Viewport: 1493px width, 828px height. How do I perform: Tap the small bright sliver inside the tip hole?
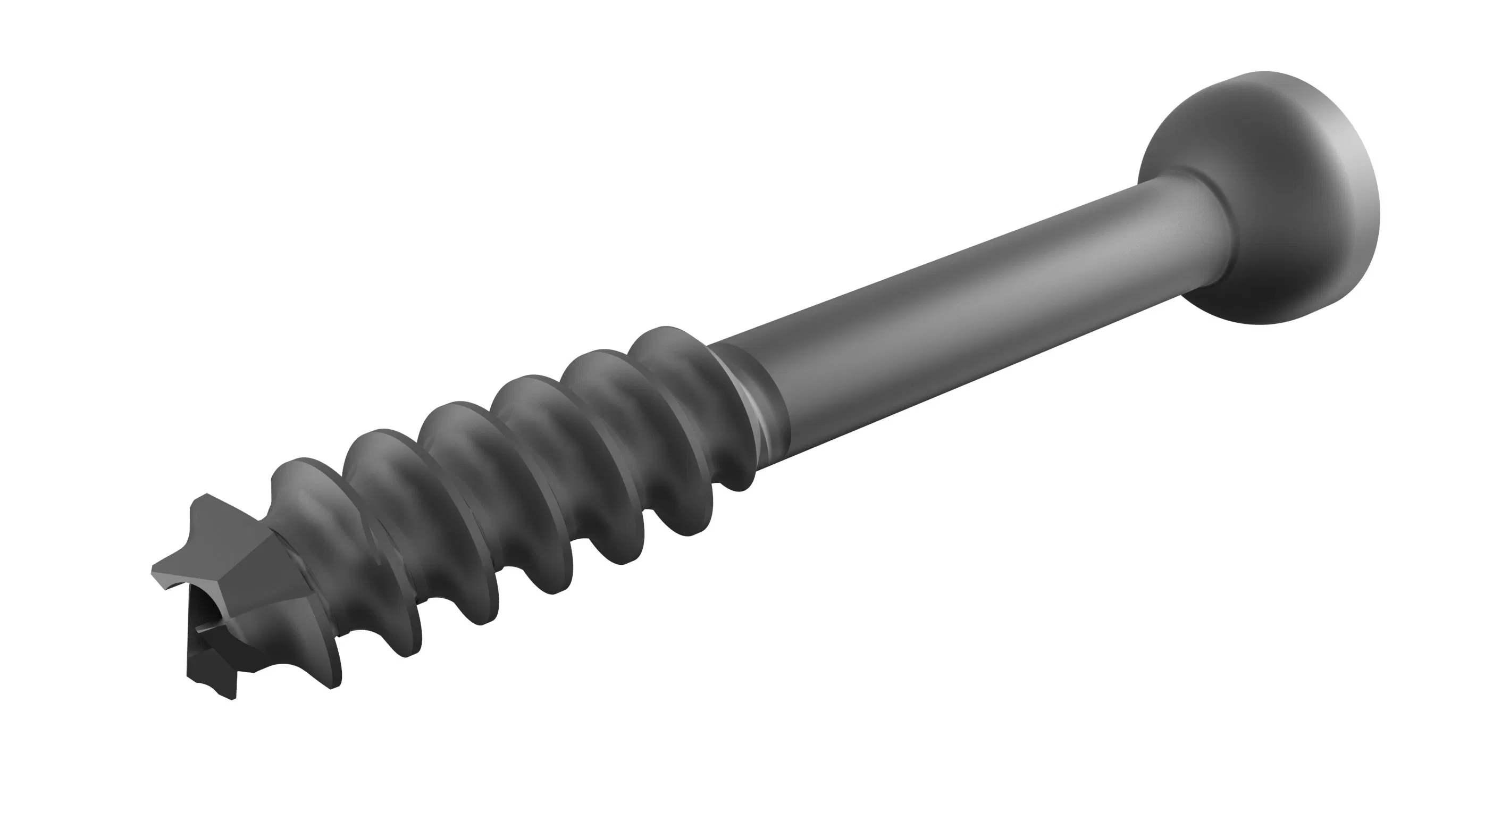pos(204,628)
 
